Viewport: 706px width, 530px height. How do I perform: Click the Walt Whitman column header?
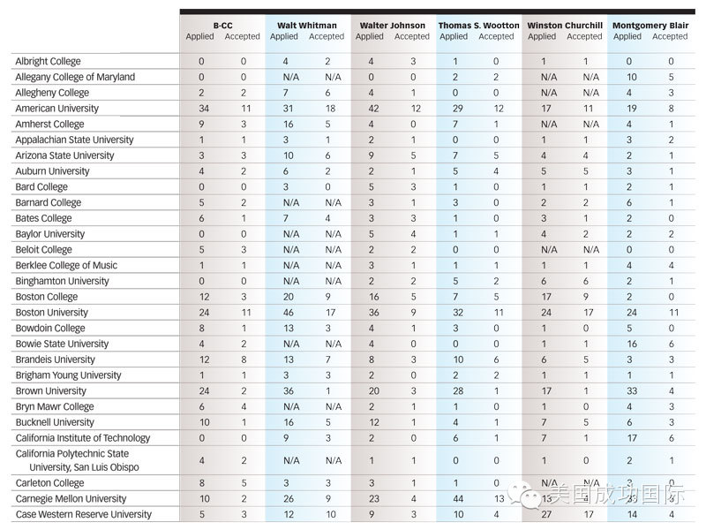tap(306, 26)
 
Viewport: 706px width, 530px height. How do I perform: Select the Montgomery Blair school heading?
tap(650, 26)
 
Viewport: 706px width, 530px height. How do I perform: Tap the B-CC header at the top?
tap(223, 26)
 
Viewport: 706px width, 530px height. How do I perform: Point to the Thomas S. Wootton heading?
tap(478, 26)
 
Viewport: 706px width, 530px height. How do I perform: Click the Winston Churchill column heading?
tap(565, 26)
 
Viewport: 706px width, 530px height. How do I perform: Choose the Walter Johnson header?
tap(392, 26)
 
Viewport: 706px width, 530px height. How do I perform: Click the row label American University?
tap(56, 109)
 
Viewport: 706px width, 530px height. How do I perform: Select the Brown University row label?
tap(51, 391)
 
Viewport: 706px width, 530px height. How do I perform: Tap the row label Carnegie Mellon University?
tap(71, 499)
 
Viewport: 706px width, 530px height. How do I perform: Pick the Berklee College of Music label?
tap(66, 266)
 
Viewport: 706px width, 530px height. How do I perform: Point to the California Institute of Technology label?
tap(83, 438)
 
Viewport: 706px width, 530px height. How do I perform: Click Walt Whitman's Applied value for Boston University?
tap(289, 313)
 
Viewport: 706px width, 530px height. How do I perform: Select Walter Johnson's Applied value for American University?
tap(373, 109)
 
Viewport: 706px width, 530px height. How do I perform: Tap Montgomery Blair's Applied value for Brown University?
tap(632, 391)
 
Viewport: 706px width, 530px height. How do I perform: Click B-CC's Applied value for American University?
tap(204, 109)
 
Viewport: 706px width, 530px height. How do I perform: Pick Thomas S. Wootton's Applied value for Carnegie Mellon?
tap(458, 499)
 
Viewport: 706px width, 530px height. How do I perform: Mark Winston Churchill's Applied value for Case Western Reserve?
tap(546, 515)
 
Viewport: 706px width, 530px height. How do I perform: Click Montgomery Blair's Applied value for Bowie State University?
tap(632, 344)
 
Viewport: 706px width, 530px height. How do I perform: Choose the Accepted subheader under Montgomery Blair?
tap(670, 36)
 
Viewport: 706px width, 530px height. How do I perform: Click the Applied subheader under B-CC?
tap(200, 36)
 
